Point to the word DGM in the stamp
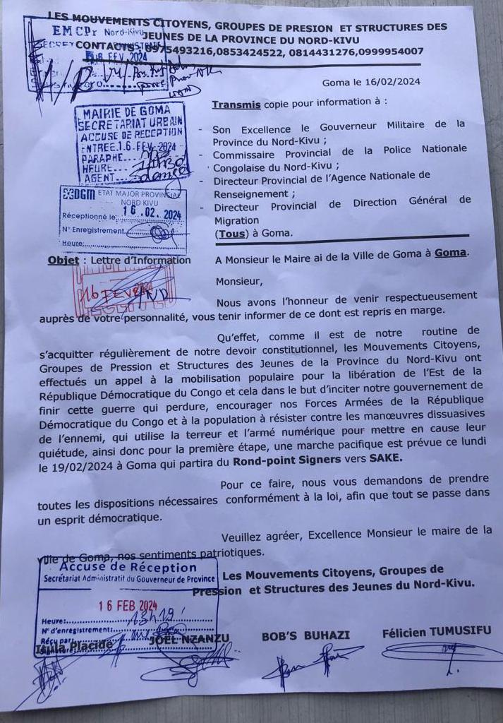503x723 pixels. click(x=77, y=194)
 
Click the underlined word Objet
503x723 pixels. click(x=63, y=260)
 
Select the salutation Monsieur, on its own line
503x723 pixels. click(x=238, y=281)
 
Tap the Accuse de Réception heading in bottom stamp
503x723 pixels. click(x=128, y=567)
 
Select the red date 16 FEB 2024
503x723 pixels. click(x=128, y=605)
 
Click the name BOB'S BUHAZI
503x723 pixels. click(x=305, y=635)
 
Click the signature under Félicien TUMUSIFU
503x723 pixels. click(x=437, y=657)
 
